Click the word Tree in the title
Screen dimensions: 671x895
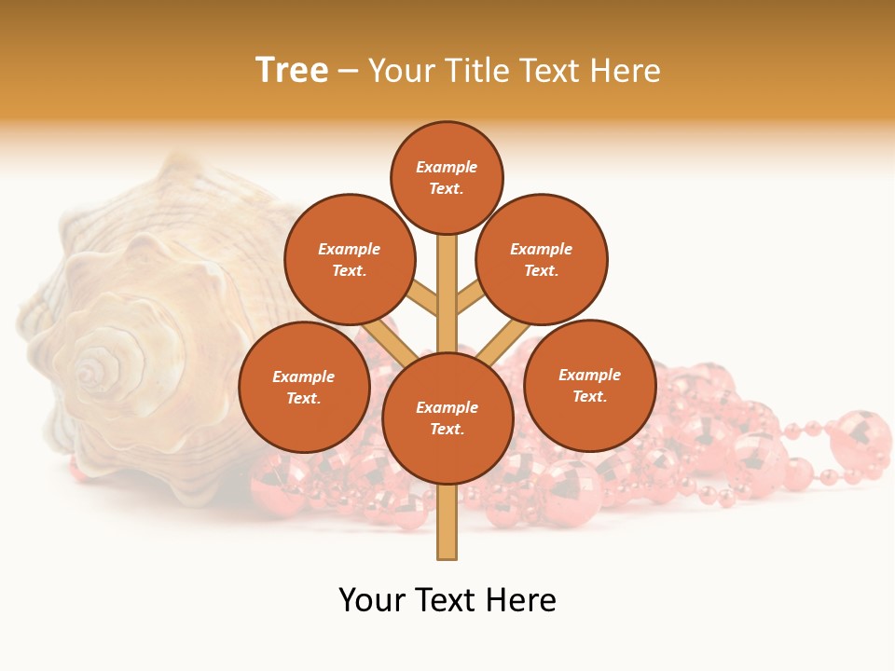coord(292,71)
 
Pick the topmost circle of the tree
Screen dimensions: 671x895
coord(447,177)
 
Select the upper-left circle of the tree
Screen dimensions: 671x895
coord(350,259)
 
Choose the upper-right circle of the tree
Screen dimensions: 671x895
coord(542,259)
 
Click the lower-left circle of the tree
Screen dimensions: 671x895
coord(304,387)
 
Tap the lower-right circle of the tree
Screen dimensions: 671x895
coord(589,385)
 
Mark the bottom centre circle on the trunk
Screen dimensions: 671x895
coord(447,418)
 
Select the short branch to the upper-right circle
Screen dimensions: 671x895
coord(470,299)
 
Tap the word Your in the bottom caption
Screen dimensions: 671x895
coord(373,600)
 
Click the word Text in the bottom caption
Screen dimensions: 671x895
coord(447,600)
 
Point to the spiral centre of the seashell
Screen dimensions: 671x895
coord(90,373)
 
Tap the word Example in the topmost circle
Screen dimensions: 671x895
coord(447,168)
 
